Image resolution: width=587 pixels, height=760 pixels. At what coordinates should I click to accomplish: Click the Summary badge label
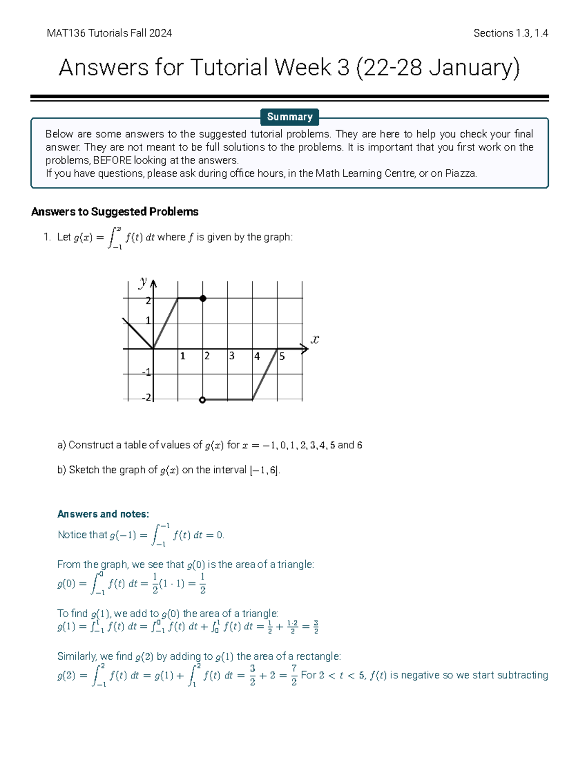coord(290,117)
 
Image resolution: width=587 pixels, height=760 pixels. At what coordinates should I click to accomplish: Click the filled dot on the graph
coord(203,299)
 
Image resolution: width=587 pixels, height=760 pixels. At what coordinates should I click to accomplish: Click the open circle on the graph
coord(203,400)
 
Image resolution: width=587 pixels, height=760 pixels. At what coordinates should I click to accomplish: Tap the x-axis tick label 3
coord(232,356)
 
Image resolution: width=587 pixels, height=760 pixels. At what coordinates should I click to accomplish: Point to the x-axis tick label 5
coord(282,357)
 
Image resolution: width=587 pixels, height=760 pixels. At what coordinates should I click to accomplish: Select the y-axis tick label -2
coord(147,397)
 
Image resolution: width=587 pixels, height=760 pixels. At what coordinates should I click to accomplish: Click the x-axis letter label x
coord(315,339)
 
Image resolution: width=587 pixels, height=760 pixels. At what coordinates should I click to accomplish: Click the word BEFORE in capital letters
coord(112,161)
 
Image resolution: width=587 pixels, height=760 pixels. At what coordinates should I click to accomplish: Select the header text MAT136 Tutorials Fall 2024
coord(109,33)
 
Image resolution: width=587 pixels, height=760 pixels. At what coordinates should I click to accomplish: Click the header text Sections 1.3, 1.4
coord(510,33)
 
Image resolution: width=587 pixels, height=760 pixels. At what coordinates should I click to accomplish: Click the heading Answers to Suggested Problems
coord(114,212)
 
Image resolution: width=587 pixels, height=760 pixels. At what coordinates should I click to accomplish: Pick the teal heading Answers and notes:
coord(103,514)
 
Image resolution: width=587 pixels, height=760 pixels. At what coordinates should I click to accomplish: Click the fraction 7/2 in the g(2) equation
coord(293,675)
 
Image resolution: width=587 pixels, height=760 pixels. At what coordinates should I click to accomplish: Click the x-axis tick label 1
coord(182,356)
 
